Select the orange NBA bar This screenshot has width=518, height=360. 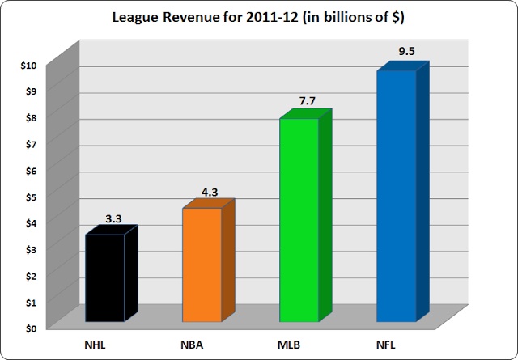point(202,265)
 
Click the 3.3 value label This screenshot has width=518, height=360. point(115,218)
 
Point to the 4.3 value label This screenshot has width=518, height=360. point(210,193)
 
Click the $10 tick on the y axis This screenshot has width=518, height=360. point(29,66)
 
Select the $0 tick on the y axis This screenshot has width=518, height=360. point(31,328)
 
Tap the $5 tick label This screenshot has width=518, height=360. point(31,197)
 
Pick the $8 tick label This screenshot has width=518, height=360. point(31,118)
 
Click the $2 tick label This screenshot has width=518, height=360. point(31,276)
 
